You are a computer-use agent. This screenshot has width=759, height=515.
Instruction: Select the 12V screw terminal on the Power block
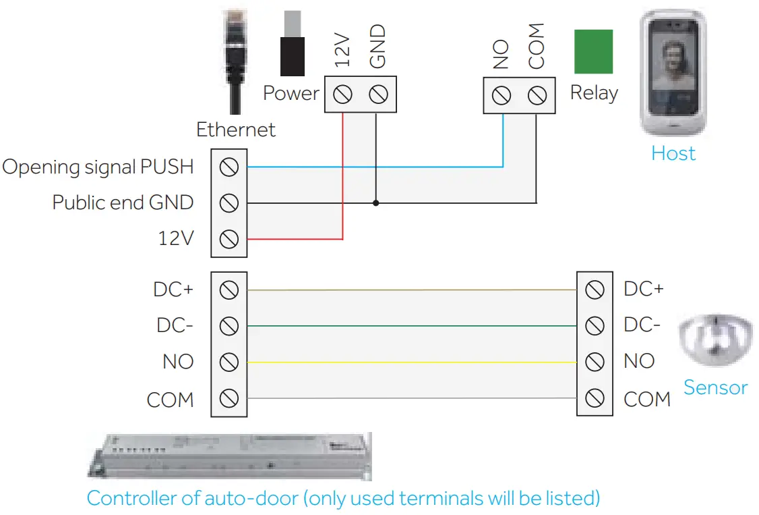[x=343, y=95]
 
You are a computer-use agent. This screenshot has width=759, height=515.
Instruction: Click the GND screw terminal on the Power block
[x=378, y=95]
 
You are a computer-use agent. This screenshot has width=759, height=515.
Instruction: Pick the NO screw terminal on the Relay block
[x=502, y=96]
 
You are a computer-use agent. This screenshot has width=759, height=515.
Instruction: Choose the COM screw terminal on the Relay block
[x=537, y=96]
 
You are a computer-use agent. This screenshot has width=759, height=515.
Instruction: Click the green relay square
[x=593, y=51]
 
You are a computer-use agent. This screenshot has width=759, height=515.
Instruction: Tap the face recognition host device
[x=672, y=73]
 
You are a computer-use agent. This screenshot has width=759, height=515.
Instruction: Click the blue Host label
[x=673, y=153]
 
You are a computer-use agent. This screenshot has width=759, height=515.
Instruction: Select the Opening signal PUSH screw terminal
[x=229, y=167]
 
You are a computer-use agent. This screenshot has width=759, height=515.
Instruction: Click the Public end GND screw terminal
[x=229, y=202]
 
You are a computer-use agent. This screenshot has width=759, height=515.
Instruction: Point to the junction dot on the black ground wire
[x=376, y=202]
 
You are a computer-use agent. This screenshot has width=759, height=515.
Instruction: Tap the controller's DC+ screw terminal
[x=229, y=290]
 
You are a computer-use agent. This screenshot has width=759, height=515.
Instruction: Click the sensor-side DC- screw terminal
[x=595, y=326]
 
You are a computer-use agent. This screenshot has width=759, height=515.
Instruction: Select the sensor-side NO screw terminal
[x=595, y=362]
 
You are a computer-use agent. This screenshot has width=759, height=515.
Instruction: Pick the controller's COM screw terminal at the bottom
[x=229, y=398]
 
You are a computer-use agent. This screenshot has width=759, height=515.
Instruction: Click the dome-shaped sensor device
[x=714, y=344]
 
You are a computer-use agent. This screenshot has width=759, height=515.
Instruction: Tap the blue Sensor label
[x=715, y=387]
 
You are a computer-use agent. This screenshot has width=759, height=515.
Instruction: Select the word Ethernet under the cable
[x=236, y=130]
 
